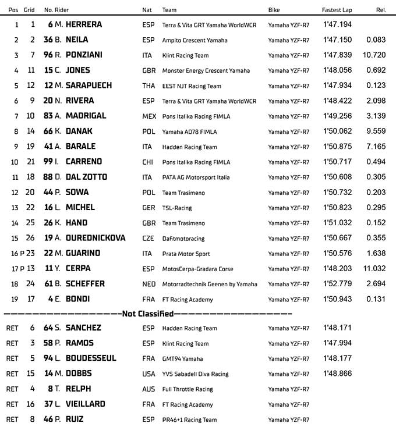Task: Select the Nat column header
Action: pos(147,10)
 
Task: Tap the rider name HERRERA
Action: pos(84,24)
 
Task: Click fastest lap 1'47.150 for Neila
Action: pos(337,40)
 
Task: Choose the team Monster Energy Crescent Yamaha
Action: pos(206,70)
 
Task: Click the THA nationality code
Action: pos(148,86)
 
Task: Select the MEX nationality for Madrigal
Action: pos(149,116)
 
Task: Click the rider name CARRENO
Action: pos(85,162)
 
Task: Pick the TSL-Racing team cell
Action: pos(177,208)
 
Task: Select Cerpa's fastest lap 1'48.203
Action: pos(337,269)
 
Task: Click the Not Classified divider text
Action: pos(147,314)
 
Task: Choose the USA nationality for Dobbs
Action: pos(148,374)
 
